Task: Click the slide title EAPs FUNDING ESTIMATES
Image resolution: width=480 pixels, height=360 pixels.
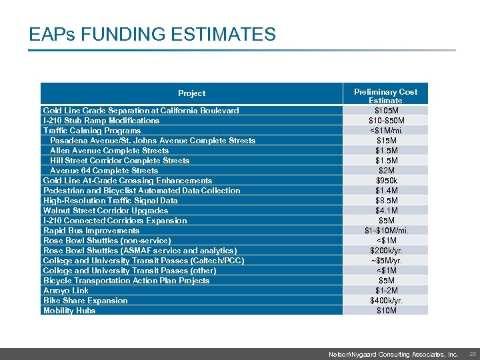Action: tap(152, 34)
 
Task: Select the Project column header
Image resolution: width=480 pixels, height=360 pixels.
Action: tap(191, 93)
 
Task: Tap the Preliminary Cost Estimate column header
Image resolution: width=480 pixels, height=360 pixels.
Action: tap(385, 95)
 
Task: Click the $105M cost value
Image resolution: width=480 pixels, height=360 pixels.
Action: tap(385, 110)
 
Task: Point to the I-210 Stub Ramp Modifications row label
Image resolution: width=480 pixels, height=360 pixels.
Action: tap(101, 121)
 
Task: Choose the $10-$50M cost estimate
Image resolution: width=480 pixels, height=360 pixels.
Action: tap(385, 121)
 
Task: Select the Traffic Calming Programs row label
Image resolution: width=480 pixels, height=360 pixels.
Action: tap(91, 131)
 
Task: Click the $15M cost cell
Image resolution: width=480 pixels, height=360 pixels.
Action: tap(385, 141)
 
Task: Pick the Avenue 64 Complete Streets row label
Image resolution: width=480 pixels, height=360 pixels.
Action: tap(104, 171)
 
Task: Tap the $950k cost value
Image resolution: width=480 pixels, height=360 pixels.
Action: tap(385, 181)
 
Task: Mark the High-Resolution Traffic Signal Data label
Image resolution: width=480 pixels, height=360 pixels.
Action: tap(110, 201)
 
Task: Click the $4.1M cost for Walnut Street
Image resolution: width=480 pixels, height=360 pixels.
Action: tap(385, 211)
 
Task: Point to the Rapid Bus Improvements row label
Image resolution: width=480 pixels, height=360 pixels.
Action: tap(91, 231)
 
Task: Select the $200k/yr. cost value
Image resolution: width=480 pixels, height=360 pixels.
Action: tap(385, 251)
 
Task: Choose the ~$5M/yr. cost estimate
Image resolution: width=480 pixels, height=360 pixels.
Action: tap(385, 261)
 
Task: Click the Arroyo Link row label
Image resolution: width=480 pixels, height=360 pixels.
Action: tap(65, 291)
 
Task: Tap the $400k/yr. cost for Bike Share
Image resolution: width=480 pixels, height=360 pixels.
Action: tap(385, 301)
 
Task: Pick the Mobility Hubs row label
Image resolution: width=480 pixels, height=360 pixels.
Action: tap(69, 311)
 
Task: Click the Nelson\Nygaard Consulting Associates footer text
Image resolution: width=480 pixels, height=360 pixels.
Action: tap(393, 355)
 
